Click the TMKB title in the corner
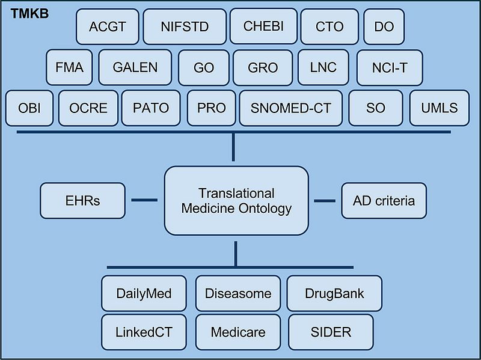point(29,13)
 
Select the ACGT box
point(108,26)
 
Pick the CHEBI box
point(263,26)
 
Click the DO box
point(384,26)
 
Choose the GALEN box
point(135,67)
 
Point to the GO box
point(204,67)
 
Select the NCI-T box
point(390,67)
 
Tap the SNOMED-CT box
point(290,108)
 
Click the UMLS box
point(440,108)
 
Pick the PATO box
point(151,108)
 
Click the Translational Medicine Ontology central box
point(236,201)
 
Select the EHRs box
point(83,201)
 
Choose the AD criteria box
point(384,201)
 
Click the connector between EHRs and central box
point(144,201)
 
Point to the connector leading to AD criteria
point(325,201)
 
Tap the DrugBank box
point(334,294)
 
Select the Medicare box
point(238,332)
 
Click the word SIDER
point(331,332)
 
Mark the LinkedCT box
point(144,332)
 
